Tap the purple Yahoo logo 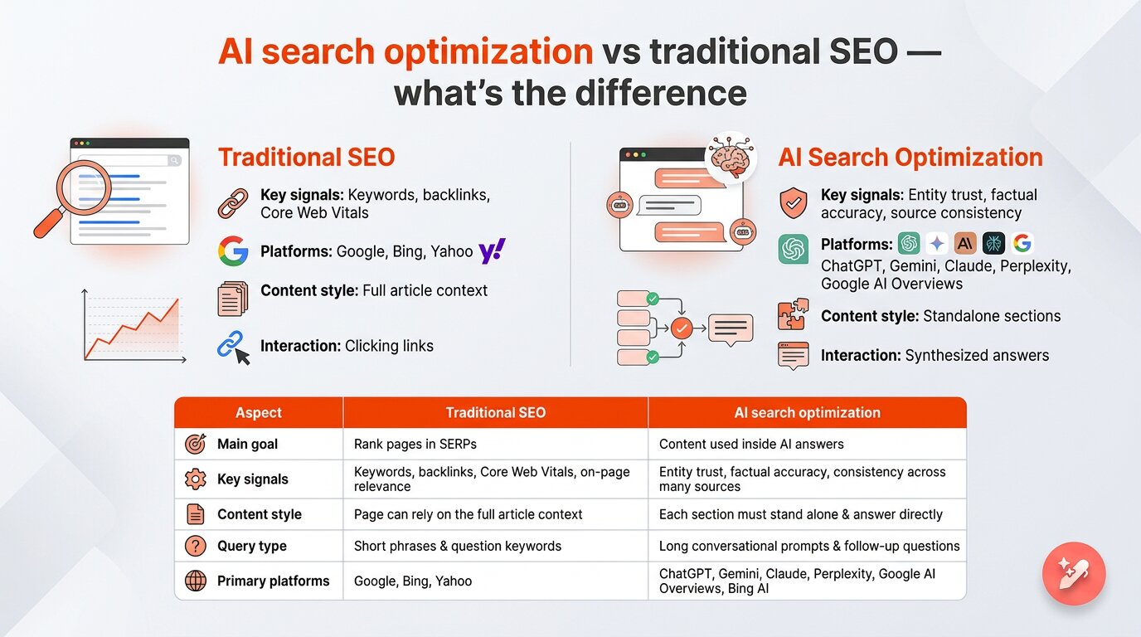pos(492,250)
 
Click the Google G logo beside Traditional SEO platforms pos(233,250)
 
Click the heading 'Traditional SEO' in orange pos(306,158)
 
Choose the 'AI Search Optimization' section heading pos(910,158)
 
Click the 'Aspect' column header pos(259,412)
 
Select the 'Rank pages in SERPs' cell pos(415,444)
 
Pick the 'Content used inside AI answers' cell pos(751,444)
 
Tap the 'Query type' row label pos(251,546)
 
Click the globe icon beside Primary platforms pos(196,581)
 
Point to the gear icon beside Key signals pos(196,479)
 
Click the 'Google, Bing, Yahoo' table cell pos(413,581)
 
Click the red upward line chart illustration pos(135,325)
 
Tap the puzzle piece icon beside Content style pos(793,315)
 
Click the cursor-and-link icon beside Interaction pos(233,346)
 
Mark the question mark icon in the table pos(196,546)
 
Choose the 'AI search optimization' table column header pos(807,412)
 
